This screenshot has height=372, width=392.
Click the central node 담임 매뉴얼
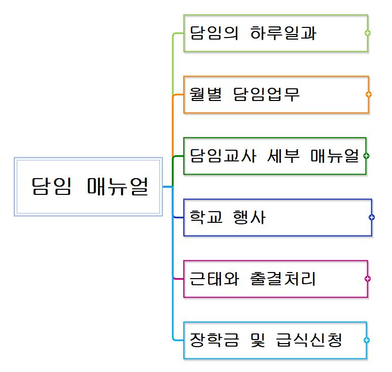point(88,187)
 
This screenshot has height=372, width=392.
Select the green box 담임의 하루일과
point(275,33)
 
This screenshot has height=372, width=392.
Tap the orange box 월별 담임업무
point(275,94)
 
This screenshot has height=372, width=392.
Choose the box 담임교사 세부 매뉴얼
point(274,156)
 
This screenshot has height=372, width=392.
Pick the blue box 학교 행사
point(277,217)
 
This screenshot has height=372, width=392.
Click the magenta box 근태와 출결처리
point(275,279)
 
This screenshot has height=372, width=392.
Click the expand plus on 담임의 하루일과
point(368,33)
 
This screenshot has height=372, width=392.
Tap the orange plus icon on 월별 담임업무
point(369,94)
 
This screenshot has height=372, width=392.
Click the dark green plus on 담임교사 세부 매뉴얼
point(367,156)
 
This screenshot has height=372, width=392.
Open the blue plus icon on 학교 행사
point(372,217)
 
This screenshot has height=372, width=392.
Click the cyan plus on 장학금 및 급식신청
point(367,340)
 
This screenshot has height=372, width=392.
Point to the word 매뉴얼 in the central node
point(118,187)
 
